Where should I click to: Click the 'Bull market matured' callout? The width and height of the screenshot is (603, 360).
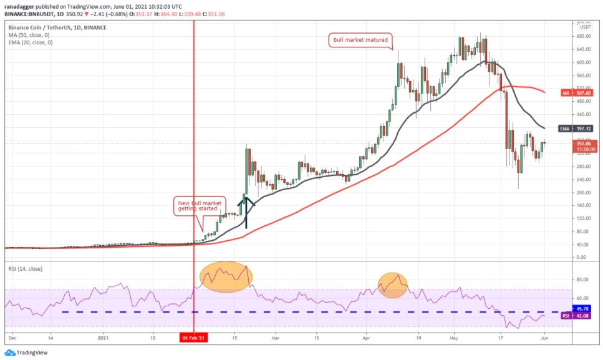361,40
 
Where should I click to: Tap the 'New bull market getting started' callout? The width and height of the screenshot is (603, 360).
199,205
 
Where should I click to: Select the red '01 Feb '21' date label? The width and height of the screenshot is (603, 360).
194,338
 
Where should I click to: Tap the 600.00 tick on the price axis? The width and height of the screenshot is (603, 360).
584,62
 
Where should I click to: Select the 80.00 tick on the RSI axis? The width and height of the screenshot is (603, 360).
583,279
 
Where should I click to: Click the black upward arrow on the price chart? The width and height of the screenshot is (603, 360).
246,212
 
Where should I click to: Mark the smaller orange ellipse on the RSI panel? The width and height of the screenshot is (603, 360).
392,285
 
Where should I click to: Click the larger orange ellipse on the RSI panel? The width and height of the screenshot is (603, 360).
226,277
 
